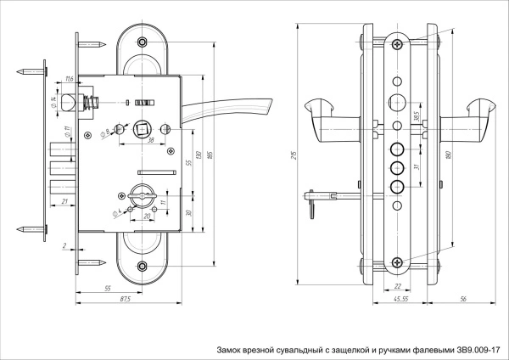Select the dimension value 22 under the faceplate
[x=398, y=286]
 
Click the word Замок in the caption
[x=232, y=349]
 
